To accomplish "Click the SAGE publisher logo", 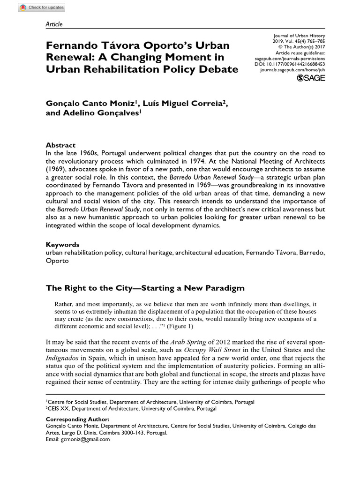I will pyautogui.click(x=311, y=78).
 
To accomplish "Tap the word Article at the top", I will pyautogui.click(x=54, y=24).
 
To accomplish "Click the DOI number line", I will pyautogui.click(x=293, y=64).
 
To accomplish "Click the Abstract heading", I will pyautogui.click(x=60, y=145).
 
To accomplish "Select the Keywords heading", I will pyautogui.click(x=62, y=245).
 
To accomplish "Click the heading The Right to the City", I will pyautogui.click(x=145, y=287).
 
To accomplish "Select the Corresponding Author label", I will pyautogui.click(x=77, y=420).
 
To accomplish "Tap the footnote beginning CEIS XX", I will pyautogui.click(x=131, y=409).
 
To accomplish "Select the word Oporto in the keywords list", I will pyautogui.click(x=57, y=261).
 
